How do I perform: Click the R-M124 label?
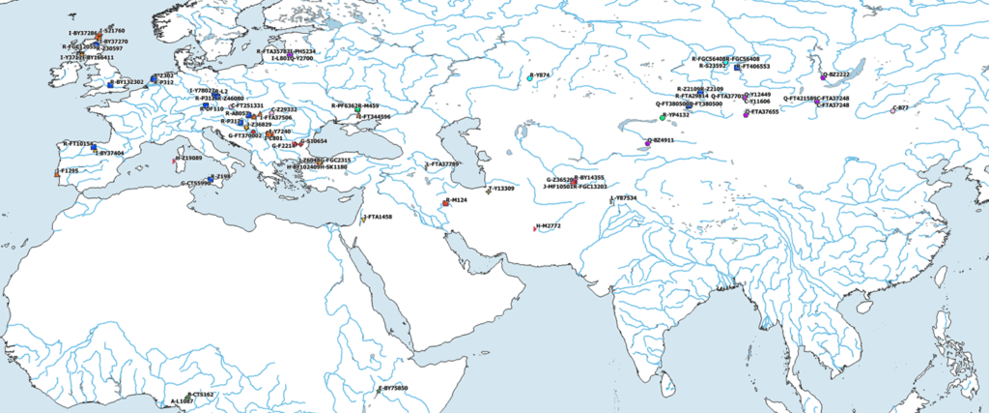point(456,199)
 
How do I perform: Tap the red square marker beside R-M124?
point(445,203)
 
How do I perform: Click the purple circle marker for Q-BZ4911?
point(648,143)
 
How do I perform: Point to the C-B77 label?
point(900,108)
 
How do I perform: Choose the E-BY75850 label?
point(393,388)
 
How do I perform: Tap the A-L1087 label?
point(183,400)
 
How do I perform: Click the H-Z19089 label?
point(188,157)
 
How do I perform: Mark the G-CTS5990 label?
point(196,183)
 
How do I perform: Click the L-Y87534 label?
point(624,197)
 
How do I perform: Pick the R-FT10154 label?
point(78,144)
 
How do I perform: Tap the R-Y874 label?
point(540,74)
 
